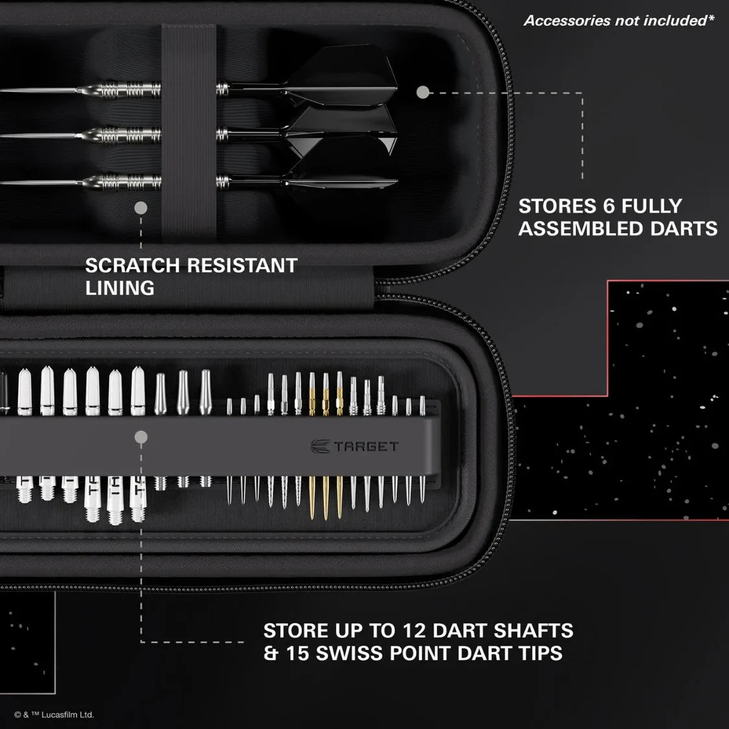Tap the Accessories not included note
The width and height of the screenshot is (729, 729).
tap(619, 21)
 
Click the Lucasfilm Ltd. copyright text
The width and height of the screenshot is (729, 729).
tap(54, 715)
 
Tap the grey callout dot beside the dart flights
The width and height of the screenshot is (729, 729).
tap(422, 93)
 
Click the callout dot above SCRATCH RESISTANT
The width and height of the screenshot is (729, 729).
tap(141, 208)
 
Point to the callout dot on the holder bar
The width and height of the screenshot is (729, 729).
tap(141, 437)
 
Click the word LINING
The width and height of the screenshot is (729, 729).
tap(120, 288)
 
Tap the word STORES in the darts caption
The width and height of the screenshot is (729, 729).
tap(553, 206)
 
